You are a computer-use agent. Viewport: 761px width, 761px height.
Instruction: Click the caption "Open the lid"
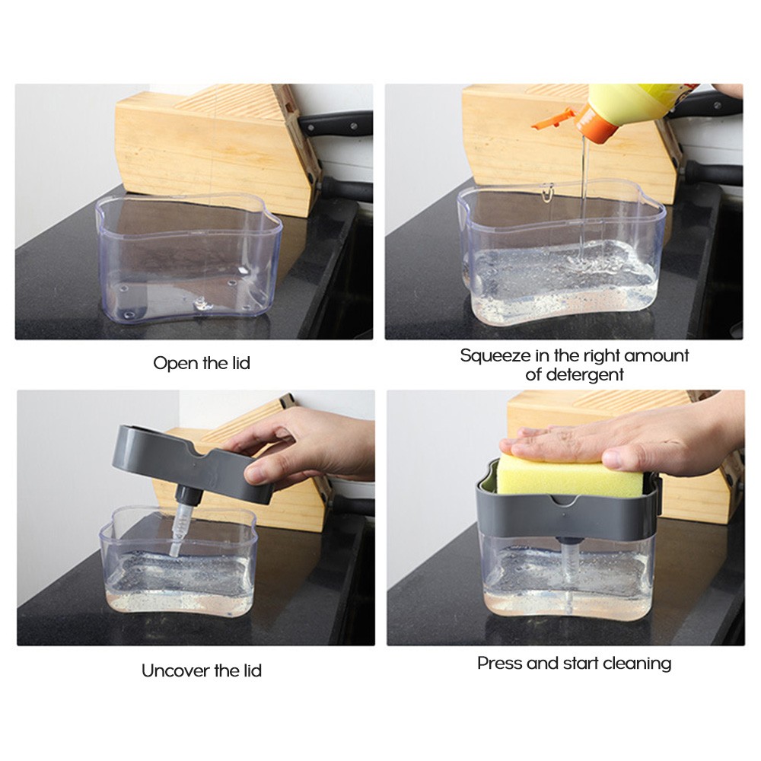tap(202, 363)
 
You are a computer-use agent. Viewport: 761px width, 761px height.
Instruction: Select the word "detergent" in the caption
tap(584, 374)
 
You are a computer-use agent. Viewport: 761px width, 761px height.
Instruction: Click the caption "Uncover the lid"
tap(202, 670)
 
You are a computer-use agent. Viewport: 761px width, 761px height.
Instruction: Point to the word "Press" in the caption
tap(498, 663)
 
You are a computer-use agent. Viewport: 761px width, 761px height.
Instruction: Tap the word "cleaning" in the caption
tap(637, 663)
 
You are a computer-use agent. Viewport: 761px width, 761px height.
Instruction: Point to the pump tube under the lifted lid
tap(180, 525)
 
